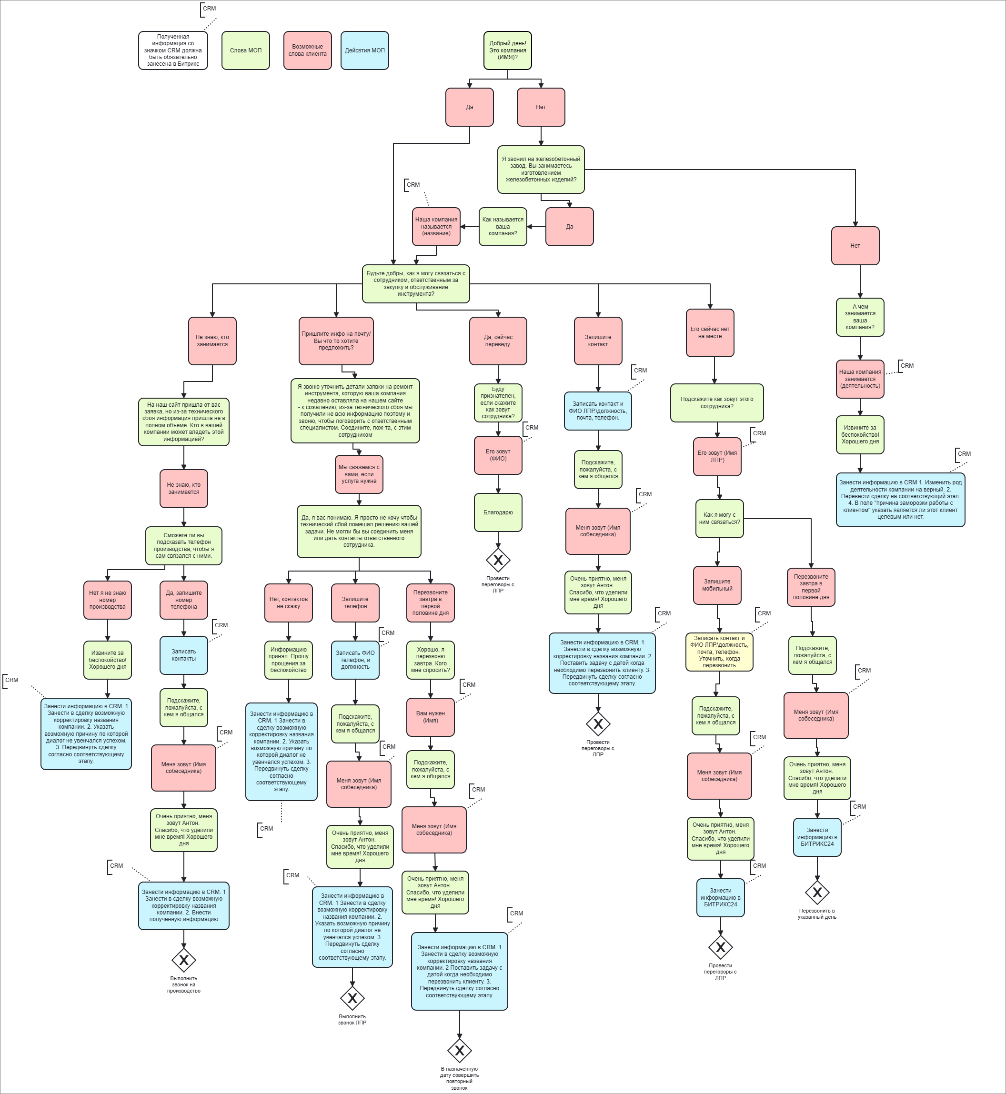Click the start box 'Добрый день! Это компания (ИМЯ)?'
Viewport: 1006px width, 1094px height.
point(507,50)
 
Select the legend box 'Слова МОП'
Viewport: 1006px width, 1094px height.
point(245,50)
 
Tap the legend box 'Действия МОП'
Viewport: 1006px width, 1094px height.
point(364,50)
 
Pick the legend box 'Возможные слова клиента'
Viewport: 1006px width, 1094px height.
point(308,50)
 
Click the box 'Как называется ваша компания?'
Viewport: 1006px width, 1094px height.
point(503,226)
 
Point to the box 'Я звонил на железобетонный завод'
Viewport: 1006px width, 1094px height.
point(541,169)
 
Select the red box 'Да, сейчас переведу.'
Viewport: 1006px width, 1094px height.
point(498,341)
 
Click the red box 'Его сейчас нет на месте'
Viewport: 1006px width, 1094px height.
point(710,332)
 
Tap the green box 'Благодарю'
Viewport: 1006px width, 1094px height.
point(498,512)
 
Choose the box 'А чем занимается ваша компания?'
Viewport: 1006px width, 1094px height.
point(860,317)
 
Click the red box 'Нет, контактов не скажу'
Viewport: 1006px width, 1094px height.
point(289,602)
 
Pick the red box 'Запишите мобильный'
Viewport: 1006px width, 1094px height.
point(717,585)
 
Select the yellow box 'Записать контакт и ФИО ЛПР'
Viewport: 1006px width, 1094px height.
point(719,652)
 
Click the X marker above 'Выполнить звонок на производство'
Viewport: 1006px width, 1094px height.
point(183,960)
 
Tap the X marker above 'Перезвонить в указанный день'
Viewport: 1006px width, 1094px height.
point(816,893)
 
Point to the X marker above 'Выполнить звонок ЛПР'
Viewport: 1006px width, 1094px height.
point(352,998)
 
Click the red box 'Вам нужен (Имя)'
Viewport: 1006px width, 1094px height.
point(430,717)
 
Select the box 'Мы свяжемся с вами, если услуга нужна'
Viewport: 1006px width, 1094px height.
point(359,474)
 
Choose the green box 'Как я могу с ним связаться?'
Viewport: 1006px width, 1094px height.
point(719,518)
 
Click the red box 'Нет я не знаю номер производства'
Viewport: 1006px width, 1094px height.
point(107,600)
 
